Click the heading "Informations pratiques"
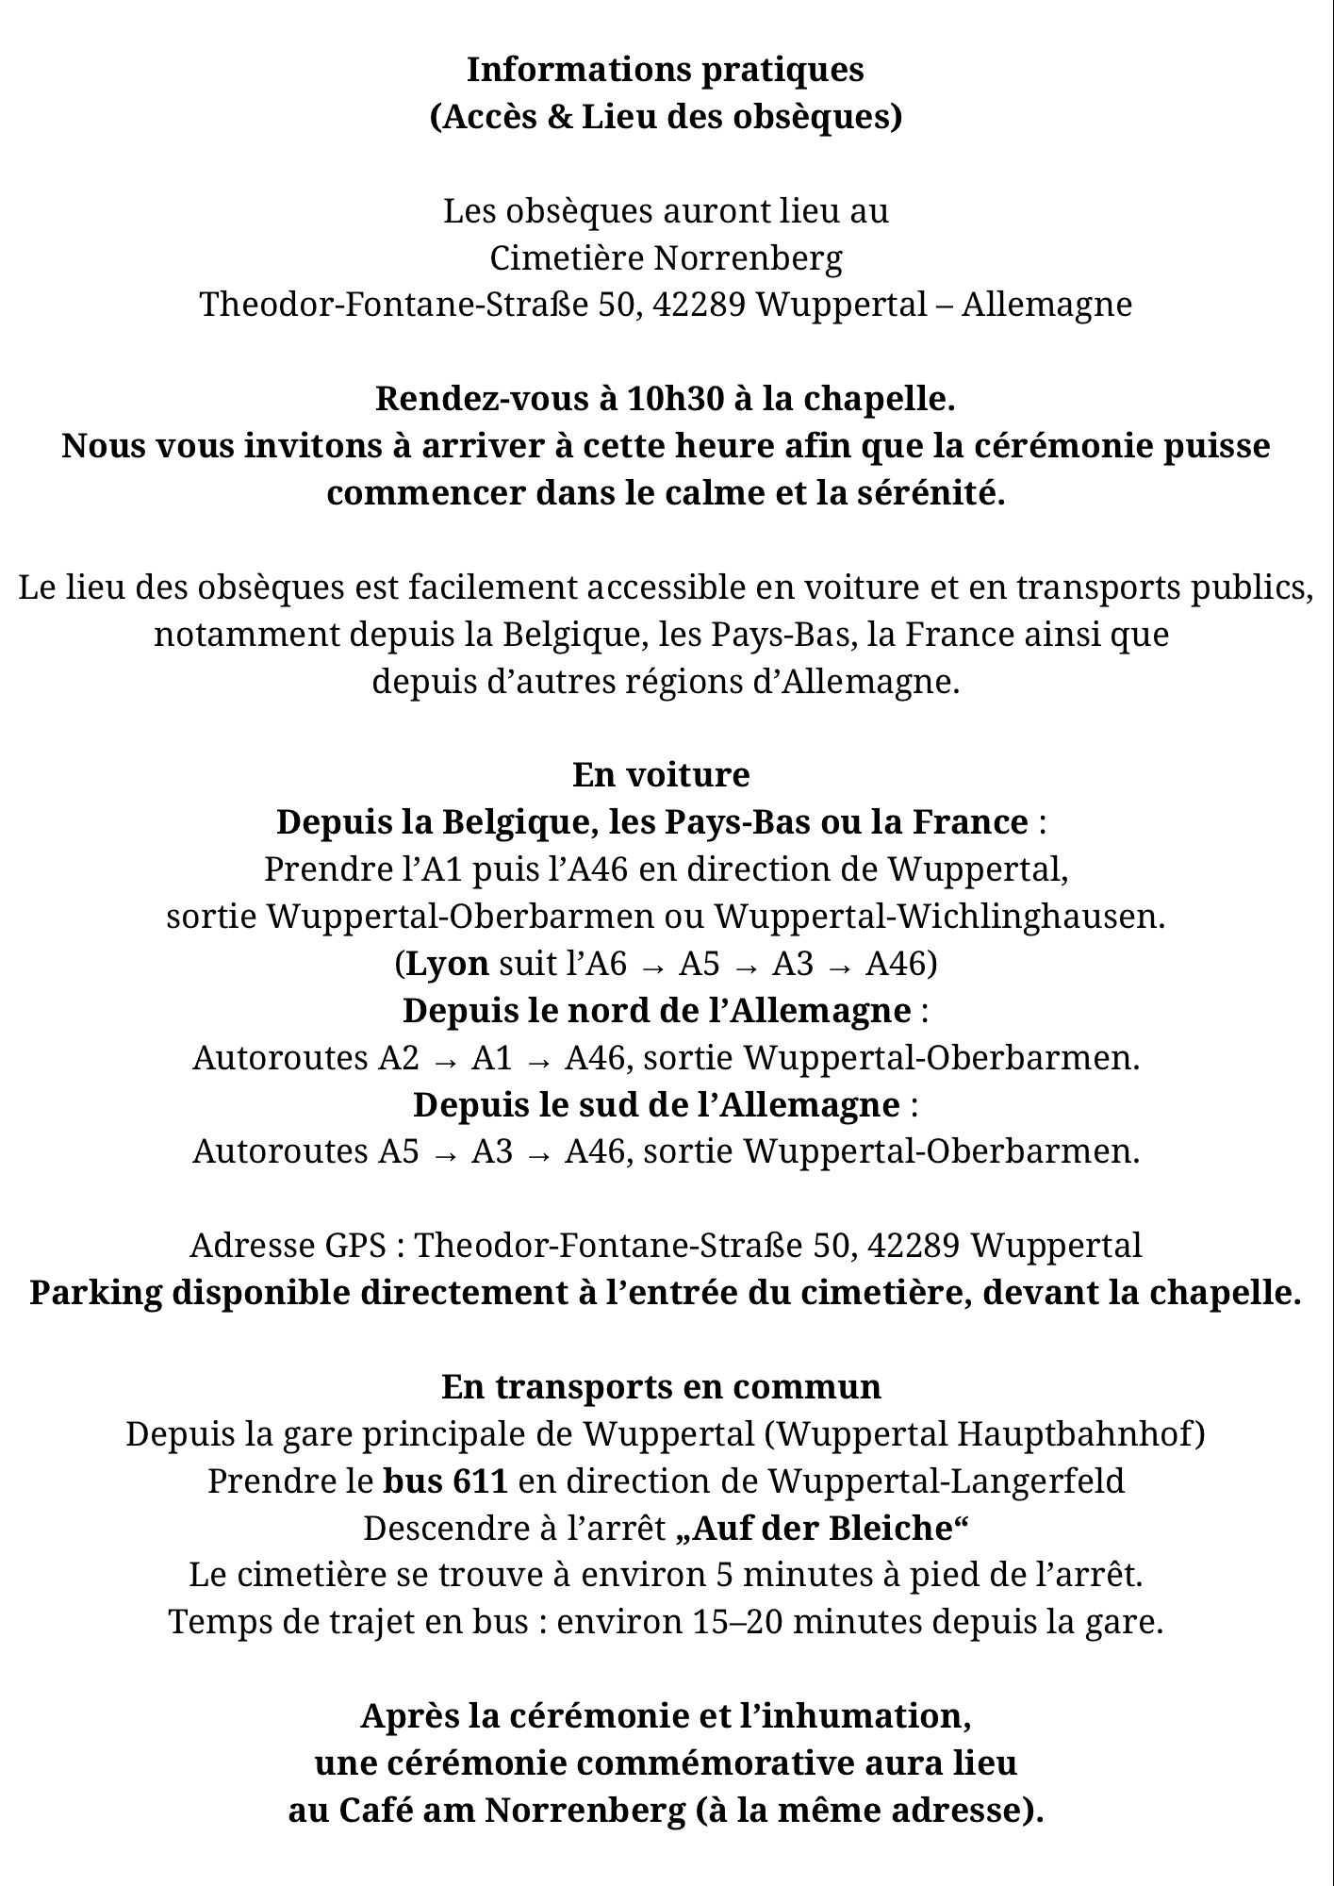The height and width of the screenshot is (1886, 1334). point(666,70)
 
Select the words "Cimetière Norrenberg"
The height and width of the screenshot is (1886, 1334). point(666,257)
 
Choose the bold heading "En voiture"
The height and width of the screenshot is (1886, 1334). point(661,775)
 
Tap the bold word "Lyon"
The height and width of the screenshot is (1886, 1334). point(447,964)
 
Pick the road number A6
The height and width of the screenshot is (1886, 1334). point(606,964)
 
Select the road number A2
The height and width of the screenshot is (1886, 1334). point(399,1058)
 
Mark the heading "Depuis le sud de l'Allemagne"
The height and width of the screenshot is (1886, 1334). point(656,1104)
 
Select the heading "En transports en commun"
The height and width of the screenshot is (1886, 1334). point(661,1387)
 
